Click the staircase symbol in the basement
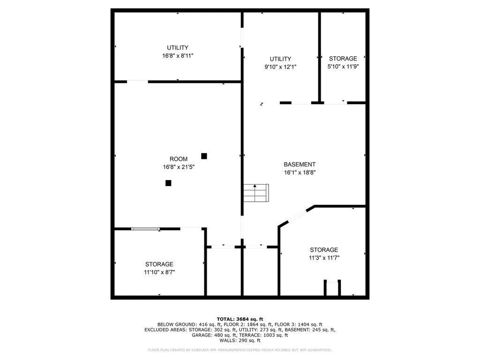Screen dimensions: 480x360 click(256, 193)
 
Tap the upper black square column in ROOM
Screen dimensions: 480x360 click(204, 156)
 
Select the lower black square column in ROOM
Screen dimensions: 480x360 click(168, 183)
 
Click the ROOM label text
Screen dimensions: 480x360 click(179, 159)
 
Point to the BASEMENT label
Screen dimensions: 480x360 click(300, 165)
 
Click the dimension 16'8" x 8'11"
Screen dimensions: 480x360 click(178, 56)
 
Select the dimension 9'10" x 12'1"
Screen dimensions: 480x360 click(280, 67)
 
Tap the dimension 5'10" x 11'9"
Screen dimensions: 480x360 click(343, 67)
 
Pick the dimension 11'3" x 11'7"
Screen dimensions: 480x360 click(324, 258)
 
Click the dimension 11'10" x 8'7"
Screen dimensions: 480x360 click(159, 272)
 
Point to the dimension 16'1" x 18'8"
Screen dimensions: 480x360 click(300, 172)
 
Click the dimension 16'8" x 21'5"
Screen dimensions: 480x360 click(179, 167)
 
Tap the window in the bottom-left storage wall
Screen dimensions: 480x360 click(145, 229)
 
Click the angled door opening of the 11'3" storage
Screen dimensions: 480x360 click(297, 216)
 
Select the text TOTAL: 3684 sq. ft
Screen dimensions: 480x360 click(240, 319)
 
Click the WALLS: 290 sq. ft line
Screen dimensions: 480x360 click(240, 340)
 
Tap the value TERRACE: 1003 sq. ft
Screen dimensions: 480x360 click(263, 335)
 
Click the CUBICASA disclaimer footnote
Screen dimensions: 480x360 click(240, 350)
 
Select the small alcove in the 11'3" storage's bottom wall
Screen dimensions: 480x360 click(332, 288)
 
